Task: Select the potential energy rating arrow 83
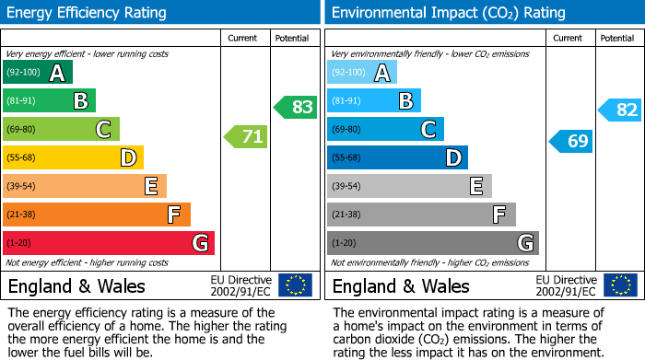point(295,107)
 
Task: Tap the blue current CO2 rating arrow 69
point(570,141)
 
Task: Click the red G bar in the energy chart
point(109,243)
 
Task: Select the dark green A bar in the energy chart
point(38,73)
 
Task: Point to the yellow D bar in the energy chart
point(73,158)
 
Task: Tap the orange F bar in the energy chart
point(97,215)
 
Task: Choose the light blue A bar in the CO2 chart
point(362,73)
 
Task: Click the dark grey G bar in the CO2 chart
point(432,243)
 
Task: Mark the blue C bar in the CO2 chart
point(385,129)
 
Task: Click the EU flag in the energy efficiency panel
point(295,285)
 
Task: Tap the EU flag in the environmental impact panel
point(619,285)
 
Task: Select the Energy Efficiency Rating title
point(88,13)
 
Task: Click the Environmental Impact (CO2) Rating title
point(448,13)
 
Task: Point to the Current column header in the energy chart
point(244,38)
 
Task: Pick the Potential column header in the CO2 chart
point(617,38)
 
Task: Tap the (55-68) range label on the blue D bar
point(347,158)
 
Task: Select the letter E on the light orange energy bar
point(150,186)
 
